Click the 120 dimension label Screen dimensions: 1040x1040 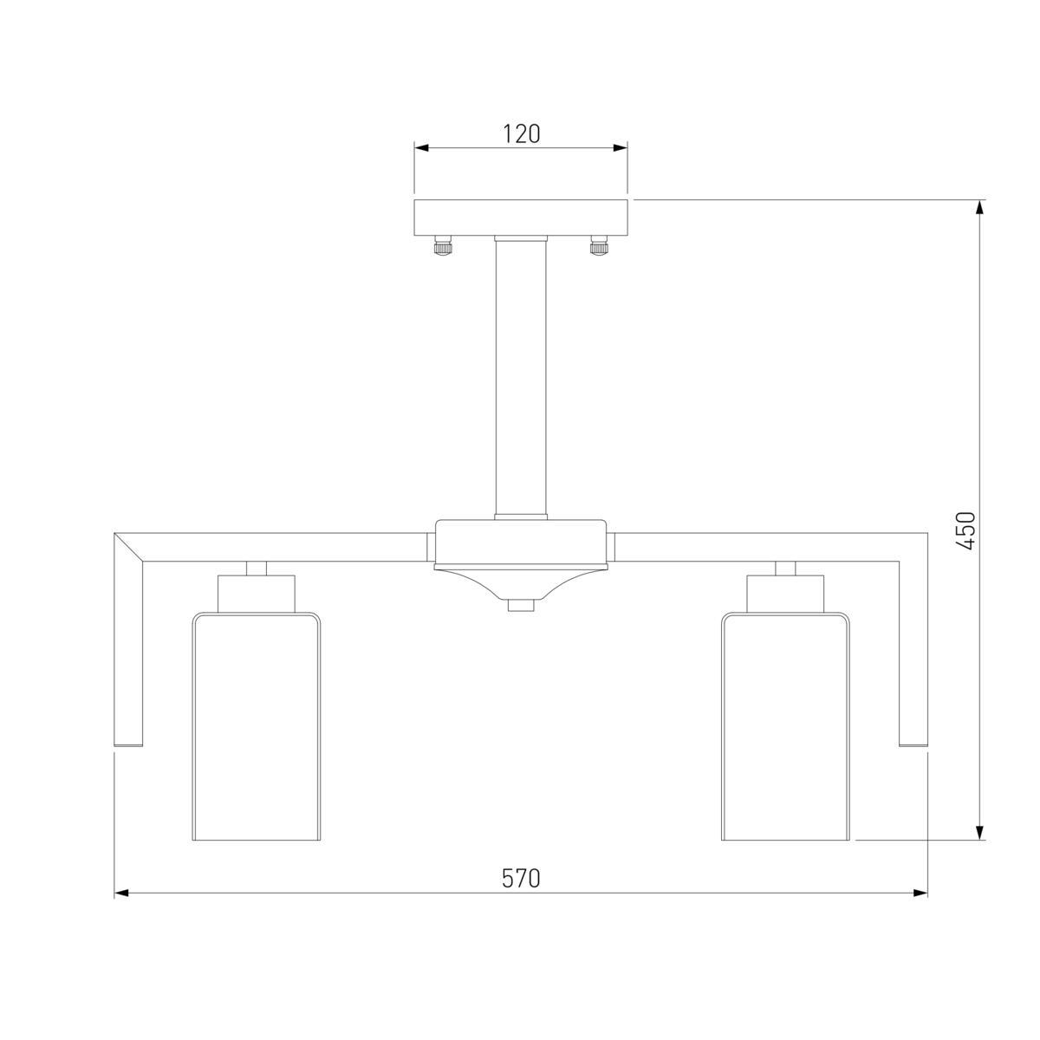pyautogui.click(x=521, y=133)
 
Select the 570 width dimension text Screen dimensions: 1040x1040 pyautogui.click(x=520, y=878)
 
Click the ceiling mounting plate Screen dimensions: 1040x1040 pyautogui.click(x=520, y=218)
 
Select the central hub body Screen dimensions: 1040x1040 pyautogui.click(x=520, y=542)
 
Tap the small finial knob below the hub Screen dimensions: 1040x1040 pyautogui.click(x=520, y=606)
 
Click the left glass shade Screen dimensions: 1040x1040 pyautogui.click(x=257, y=726)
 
